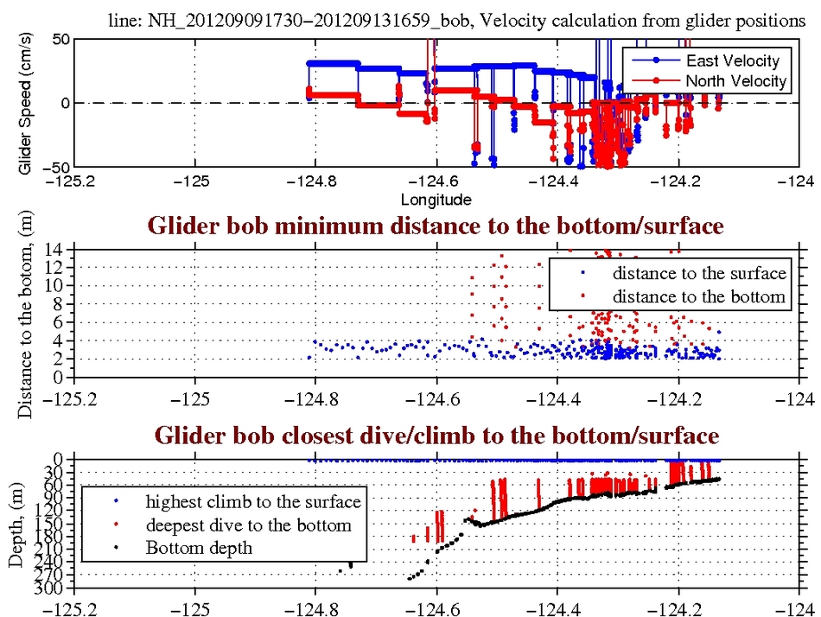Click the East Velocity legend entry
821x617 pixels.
click(732, 60)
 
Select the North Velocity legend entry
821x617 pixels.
click(735, 80)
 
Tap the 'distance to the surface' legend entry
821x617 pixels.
click(699, 273)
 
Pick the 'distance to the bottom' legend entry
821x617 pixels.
click(699, 296)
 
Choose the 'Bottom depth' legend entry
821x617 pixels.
click(199, 547)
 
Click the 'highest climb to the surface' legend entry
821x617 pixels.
click(252, 501)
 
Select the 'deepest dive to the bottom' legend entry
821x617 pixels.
click(248, 525)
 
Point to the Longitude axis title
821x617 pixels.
click(436, 200)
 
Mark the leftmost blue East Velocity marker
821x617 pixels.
click(310, 63)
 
